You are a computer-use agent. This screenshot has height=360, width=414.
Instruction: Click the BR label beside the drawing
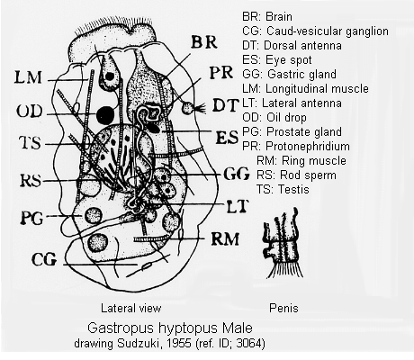[x=204, y=41]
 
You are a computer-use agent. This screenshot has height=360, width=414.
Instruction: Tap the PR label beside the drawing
[x=221, y=73]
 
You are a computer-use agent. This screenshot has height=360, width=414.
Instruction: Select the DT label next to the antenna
[x=226, y=105]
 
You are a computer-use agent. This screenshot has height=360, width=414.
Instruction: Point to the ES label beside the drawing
[x=227, y=137]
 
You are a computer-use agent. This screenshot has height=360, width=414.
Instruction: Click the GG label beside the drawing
[x=237, y=174]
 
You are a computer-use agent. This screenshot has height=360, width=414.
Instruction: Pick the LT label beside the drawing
[x=238, y=206]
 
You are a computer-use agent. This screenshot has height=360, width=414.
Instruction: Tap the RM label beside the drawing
[x=225, y=239]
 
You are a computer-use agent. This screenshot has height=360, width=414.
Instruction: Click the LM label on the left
[x=28, y=77]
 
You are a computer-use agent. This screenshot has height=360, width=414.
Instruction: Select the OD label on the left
[x=30, y=112]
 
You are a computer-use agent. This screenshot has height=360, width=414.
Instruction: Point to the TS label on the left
[x=30, y=143]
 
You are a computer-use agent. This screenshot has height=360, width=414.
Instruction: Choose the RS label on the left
[x=30, y=181]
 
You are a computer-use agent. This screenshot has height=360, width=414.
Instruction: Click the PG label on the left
[x=31, y=218]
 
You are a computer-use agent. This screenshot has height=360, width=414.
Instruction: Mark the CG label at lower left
[x=44, y=259]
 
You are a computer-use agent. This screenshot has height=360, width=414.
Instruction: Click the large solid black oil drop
[x=105, y=114]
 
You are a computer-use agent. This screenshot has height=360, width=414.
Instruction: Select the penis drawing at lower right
[x=283, y=242]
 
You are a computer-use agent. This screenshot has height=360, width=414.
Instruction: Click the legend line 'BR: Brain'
[x=267, y=16]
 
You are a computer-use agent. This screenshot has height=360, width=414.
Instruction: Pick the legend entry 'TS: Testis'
[x=283, y=189]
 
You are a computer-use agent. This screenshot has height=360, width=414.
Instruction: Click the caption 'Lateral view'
[x=130, y=308]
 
